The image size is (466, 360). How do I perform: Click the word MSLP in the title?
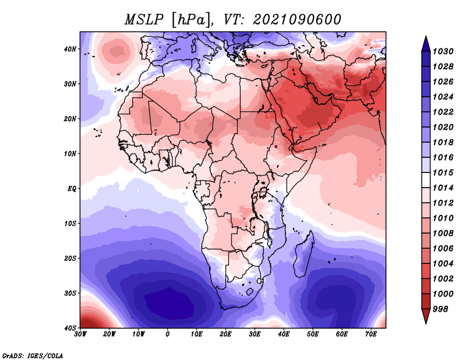tap(144, 20)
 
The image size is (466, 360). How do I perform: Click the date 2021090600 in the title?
tap(296, 20)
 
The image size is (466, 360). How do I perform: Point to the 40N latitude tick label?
tap(70, 49)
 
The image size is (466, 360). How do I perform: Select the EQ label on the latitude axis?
tap(72, 189)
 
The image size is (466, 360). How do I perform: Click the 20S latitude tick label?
tap(70, 258)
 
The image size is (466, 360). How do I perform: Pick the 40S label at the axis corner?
tap(70, 328)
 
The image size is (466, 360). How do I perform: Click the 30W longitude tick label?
tap(80, 334)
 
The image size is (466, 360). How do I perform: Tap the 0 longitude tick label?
tap(168, 334)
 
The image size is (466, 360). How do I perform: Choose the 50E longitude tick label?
tap(313, 334)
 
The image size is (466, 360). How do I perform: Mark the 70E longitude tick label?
tap(371, 334)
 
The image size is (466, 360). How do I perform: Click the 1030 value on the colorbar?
tap(443, 51)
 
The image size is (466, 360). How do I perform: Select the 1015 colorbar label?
tap(443, 172)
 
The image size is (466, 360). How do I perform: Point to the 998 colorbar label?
tap(440, 309)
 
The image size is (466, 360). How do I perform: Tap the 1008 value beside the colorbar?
tap(443, 234)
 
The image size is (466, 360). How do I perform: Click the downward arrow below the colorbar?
tap(426, 316)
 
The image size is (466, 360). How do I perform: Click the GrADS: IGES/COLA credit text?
tap(33, 355)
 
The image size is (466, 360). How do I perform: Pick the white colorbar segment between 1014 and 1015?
tap(426, 180)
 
